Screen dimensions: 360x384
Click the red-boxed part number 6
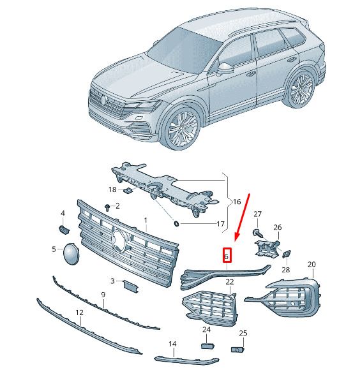pyautogui.click(x=227, y=256)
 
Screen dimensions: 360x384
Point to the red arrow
pyautogui.click(x=242, y=218)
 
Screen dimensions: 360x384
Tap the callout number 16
pyautogui.click(x=237, y=202)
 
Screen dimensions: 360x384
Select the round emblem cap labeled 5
pyautogui.click(x=71, y=254)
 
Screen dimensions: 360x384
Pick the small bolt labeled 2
pyautogui.click(x=107, y=207)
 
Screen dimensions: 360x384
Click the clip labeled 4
pyautogui.click(x=64, y=230)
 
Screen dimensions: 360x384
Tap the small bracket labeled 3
pyautogui.click(x=131, y=286)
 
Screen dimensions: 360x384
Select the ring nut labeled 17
pyautogui.click(x=176, y=224)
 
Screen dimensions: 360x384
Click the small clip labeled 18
pyautogui.click(x=128, y=190)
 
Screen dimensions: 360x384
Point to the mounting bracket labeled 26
pyautogui.click(x=267, y=249)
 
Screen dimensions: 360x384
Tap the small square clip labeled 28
pyautogui.click(x=287, y=254)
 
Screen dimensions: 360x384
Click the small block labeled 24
pyautogui.click(x=207, y=346)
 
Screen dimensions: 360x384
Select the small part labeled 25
pyautogui.click(x=237, y=350)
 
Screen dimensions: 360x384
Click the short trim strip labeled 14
pyautogui.click(x=186, y=360)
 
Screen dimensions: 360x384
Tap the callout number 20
pyautogui.click(x=311, y=265)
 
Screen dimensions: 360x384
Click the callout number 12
pyautogui.click(x=79, y=313)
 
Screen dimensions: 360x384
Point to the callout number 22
pyautogui.click(x=230, y=282)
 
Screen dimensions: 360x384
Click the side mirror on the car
pyautogui.click(x=225, y=69)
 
